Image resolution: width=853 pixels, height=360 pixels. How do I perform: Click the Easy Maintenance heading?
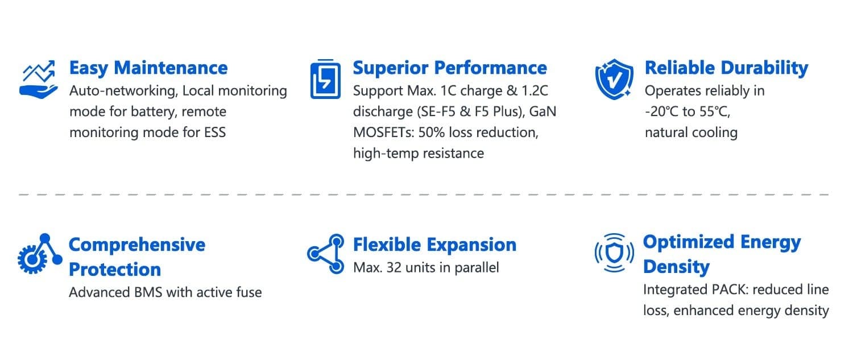(x=148, y=69)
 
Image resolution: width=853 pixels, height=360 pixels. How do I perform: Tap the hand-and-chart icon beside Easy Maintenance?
(x=39, y=79)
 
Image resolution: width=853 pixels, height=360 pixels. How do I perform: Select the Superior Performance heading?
(x=450, y=69)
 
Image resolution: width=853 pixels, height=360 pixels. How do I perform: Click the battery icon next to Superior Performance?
(x=325, y=79)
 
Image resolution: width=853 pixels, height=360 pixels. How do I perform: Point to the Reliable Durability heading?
(x=727, y=69)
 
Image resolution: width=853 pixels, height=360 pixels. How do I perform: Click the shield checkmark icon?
(x=614, y=79)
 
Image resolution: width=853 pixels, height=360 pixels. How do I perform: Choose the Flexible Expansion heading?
(x=434, y=245)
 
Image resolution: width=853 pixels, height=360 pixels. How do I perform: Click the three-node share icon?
(x=326, y=254)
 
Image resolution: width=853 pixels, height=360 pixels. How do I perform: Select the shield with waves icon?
(x=614, y=253)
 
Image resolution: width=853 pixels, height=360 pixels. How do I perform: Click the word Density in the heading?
(x=676, y=267)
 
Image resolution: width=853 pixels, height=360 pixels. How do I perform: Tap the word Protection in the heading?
(x=115, y=270)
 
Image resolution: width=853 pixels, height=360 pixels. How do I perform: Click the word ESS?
(x=215, y=133)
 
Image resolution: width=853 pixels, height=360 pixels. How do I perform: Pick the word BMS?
(x=148, y=292)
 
